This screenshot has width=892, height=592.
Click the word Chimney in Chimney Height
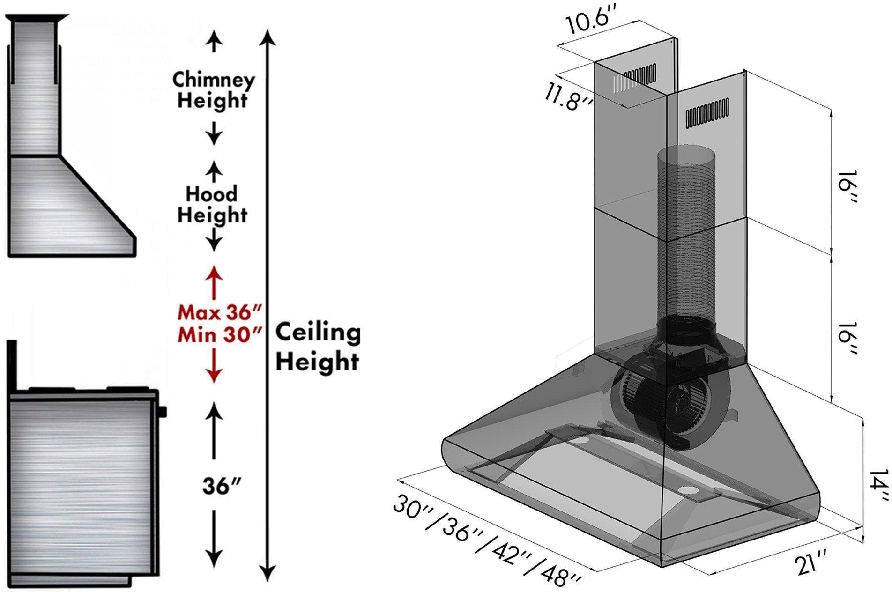point(213,80)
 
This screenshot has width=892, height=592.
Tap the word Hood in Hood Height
point(212,193)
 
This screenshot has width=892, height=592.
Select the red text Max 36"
point(218,311)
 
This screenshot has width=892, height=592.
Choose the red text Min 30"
point(219,335)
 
